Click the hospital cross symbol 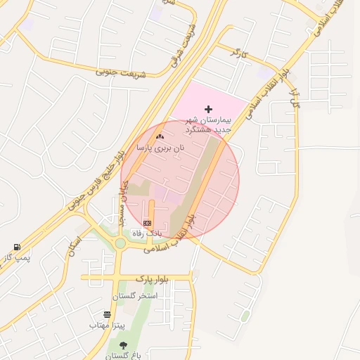click(x=208, y=109)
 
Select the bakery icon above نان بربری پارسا click(x=160, y=136)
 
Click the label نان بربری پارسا click(x=160, y=148)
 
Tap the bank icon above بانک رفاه click(x=148, y=222)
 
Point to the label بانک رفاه click(x=148, y=233)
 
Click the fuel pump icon click(x=16, y=247)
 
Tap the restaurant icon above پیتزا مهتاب click(x=107, y=314)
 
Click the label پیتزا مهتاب click(x=107, y=326)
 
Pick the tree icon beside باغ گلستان click(x=124, y=345)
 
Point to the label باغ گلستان click(x=124, y=356)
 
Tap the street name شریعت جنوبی click(x=120, y=72)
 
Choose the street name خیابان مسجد click(x=121, y=203)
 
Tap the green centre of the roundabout click(x=120, y=243)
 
